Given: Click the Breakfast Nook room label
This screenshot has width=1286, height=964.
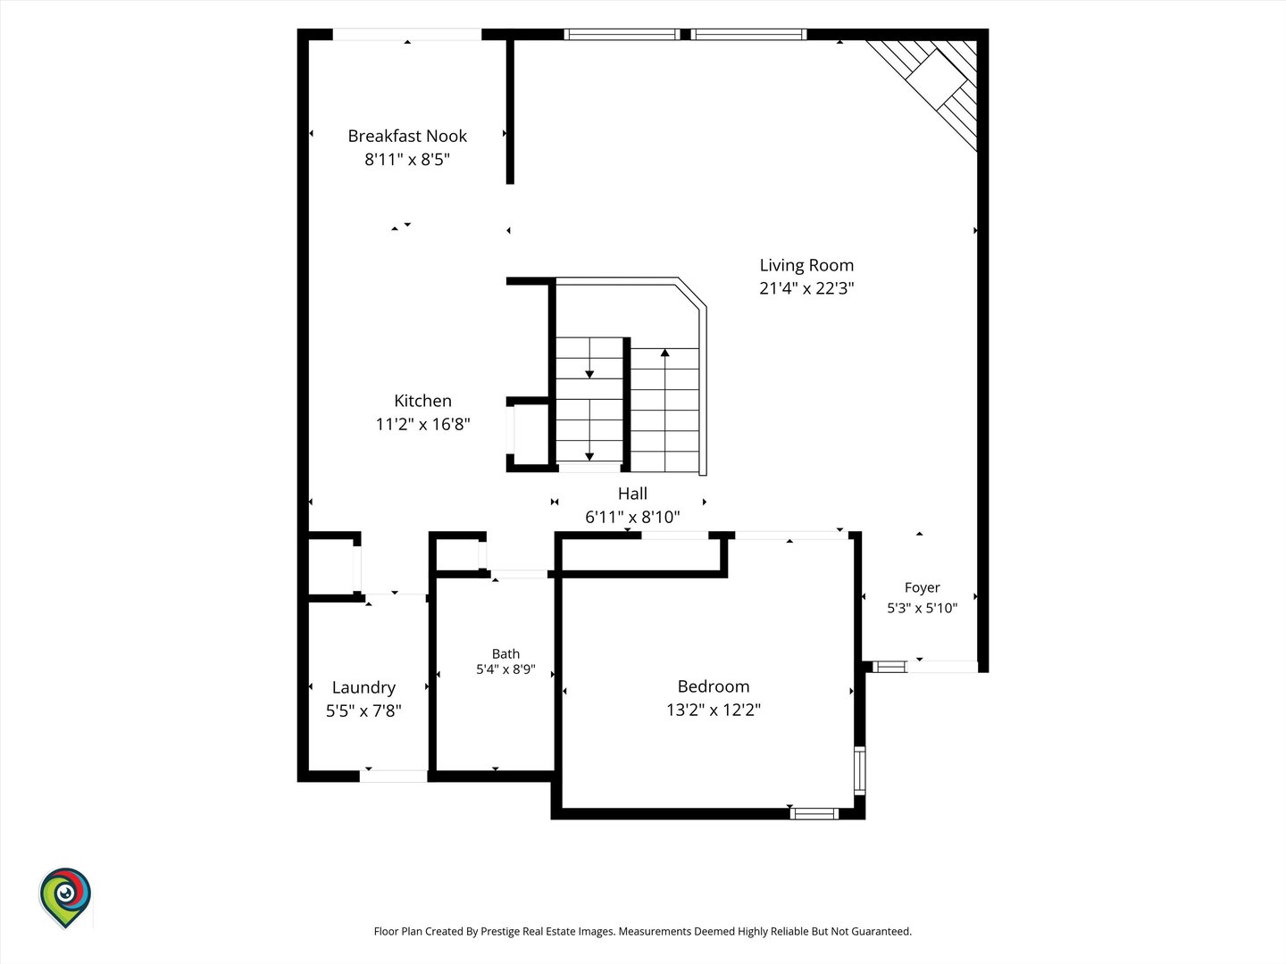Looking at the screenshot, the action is [x=407, y=136].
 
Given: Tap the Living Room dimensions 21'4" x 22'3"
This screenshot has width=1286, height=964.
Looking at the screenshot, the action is [x=806, y=288].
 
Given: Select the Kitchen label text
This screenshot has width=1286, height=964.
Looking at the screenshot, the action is [x=422, y=401].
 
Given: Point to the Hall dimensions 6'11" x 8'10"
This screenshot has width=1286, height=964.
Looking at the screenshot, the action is [x=632, y=517].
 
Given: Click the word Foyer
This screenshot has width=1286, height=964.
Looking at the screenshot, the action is [x=922, y=587].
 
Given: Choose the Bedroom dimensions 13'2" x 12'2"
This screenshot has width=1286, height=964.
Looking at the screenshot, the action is [x=714, y=710].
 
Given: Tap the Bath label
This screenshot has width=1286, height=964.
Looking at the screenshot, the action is [x=505, y=653].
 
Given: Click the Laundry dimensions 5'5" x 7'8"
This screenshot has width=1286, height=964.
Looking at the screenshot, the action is [x=363, y=711].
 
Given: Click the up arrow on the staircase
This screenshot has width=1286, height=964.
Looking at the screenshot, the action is [x=664, y=410].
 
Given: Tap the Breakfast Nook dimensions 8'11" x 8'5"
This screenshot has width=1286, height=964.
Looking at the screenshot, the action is [x=407, y=159].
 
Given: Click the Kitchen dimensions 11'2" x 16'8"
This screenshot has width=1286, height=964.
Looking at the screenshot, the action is [x=422, y=424].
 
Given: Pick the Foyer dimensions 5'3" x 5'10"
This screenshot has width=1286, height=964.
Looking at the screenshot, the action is [x=922, y=608].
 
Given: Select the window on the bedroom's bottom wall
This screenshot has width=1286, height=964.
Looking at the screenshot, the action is [x=814, y=813].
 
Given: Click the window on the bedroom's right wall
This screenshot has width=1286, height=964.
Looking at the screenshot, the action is [x=859, y=770].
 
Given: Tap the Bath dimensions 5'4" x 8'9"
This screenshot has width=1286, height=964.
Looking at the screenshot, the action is [x=505, y=669].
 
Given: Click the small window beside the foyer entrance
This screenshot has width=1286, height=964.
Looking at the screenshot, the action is [x=889, y=667].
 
